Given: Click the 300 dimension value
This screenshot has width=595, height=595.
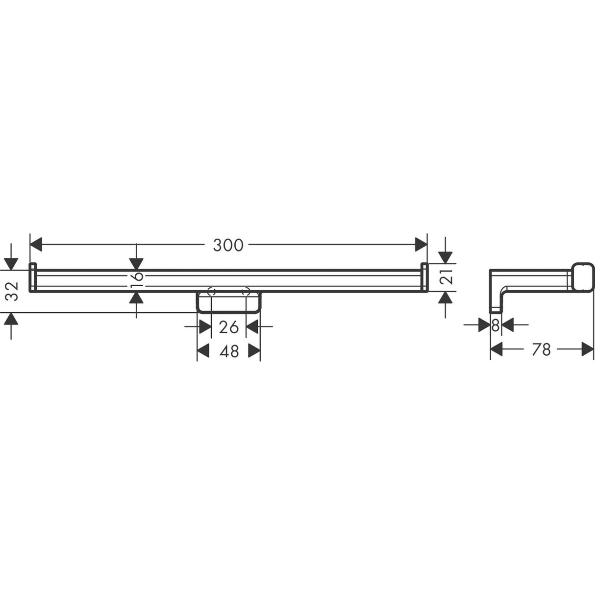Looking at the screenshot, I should point(228,245).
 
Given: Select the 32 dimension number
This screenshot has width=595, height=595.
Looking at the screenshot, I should point(13,291).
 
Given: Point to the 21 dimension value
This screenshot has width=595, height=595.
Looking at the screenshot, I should point(446,278).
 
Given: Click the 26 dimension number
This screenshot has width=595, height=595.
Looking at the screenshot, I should point(229,327).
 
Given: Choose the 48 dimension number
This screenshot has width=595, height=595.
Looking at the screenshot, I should point(229,351).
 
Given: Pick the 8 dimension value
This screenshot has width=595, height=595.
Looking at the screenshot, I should point(495,324).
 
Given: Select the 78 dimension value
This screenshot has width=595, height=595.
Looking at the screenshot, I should point(541,349).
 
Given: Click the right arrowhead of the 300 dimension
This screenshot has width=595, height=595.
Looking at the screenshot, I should point(421,244).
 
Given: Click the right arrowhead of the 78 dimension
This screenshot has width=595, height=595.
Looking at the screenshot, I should point(588,349).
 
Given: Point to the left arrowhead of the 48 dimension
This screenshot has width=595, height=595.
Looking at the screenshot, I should point(203,351).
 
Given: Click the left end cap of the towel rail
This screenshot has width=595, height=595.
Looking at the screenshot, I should point(33,277).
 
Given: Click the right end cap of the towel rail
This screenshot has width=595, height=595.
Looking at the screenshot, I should point(425,277).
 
